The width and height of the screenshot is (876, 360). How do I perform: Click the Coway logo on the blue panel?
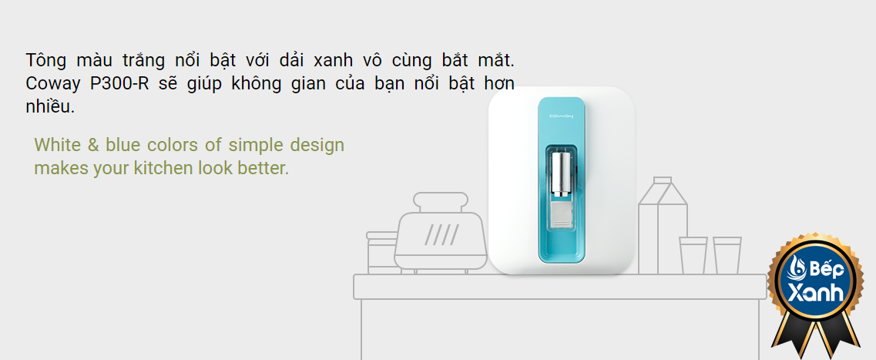coord(562,116)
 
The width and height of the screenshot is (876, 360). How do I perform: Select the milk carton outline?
coord(663,226)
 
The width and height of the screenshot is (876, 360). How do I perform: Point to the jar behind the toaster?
coord(382,252)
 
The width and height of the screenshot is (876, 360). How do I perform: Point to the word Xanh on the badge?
coord(816,292)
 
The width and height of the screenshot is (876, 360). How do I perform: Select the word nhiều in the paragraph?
coord(50,107)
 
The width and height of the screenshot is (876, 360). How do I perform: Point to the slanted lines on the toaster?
coord(441,234)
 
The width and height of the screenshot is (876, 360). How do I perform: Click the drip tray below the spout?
coord(562,217)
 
